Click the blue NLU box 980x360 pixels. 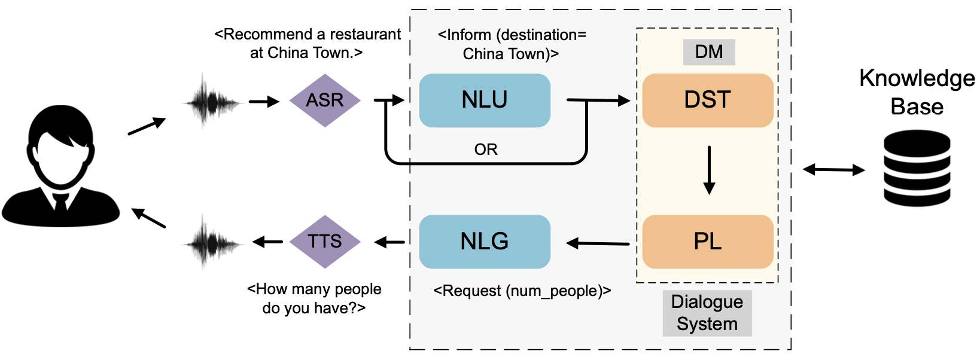[x=485, y=100]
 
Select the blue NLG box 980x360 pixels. [x=485, y=242]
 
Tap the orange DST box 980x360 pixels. [x=708, y=100]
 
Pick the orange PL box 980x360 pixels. [x=708, y=242]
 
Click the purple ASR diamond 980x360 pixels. [x=325, y=100]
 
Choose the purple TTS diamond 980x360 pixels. [x=325, y=242]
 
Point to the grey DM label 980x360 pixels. [x=709, y=52]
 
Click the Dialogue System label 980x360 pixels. [x=707, y=313]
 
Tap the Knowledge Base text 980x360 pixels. [x=917, y=92]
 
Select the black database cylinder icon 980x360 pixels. [x=917, y=169]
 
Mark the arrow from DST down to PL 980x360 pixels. [x=709, y=170]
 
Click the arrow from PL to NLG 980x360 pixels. [x=598, y=243]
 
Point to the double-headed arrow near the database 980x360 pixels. [x=833, y=170]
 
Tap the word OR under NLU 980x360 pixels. [x=486, y=150]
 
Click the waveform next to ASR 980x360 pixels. [x=211, y=102]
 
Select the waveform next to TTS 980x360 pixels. [x=211, y=243]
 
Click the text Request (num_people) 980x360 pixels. [x=522, y=291]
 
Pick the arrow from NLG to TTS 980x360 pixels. [x=389, y=242]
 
